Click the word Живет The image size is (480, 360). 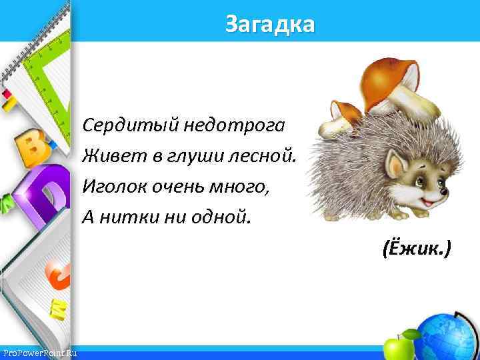tap(107, 156)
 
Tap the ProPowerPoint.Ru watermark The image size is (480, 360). tap(40, 353)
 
